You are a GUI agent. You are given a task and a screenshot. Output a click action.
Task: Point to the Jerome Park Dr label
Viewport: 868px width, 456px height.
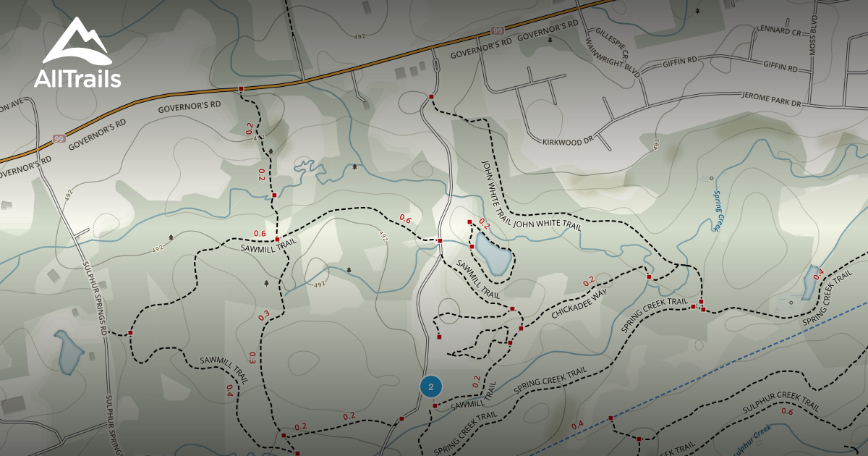[773, 100]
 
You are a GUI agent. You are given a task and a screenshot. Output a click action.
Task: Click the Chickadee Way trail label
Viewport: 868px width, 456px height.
[579, 303]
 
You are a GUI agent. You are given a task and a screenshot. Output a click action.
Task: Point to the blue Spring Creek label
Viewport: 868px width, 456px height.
[717, 211]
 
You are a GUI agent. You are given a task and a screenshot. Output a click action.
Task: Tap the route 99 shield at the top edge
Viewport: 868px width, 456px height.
[497, 30]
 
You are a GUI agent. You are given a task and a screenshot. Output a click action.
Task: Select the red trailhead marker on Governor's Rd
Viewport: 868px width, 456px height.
[241, 89]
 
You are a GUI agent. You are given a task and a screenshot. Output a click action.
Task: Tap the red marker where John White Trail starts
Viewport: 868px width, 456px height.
[431, 96]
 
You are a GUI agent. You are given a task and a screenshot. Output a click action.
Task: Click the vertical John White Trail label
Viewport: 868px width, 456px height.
[493, 185]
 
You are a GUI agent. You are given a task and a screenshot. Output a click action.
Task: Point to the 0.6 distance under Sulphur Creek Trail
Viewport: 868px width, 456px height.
[787, 412]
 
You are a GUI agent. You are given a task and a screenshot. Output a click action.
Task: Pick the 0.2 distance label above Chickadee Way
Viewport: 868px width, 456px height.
[589, 280]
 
